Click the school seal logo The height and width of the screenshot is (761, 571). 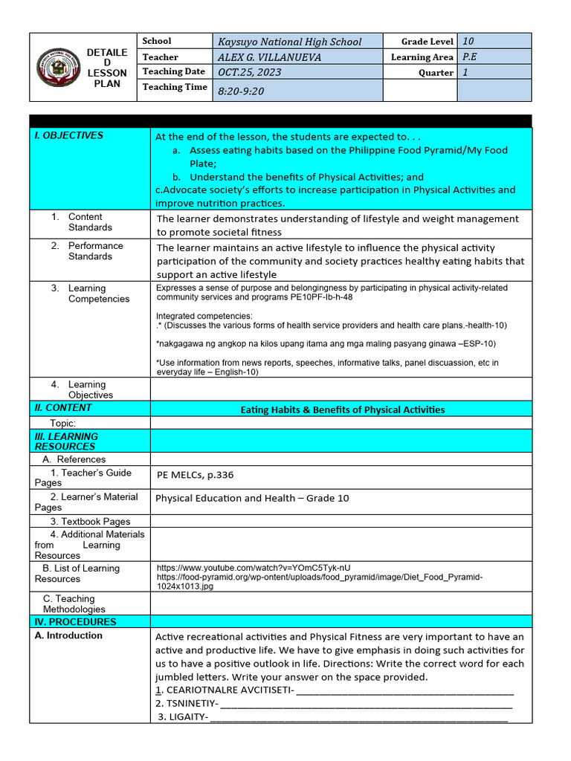point(58,68)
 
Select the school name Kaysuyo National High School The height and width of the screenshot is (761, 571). point(289,42)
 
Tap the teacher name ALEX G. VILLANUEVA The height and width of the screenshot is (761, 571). point(269,57)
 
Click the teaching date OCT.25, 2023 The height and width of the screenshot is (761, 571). point(249,72)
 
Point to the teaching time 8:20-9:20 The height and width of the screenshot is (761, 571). point(241,91)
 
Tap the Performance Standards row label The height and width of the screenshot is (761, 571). point(95,251)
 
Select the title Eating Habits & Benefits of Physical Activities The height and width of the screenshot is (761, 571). point(343,409)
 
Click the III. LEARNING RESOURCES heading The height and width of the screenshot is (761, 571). point(66,441)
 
